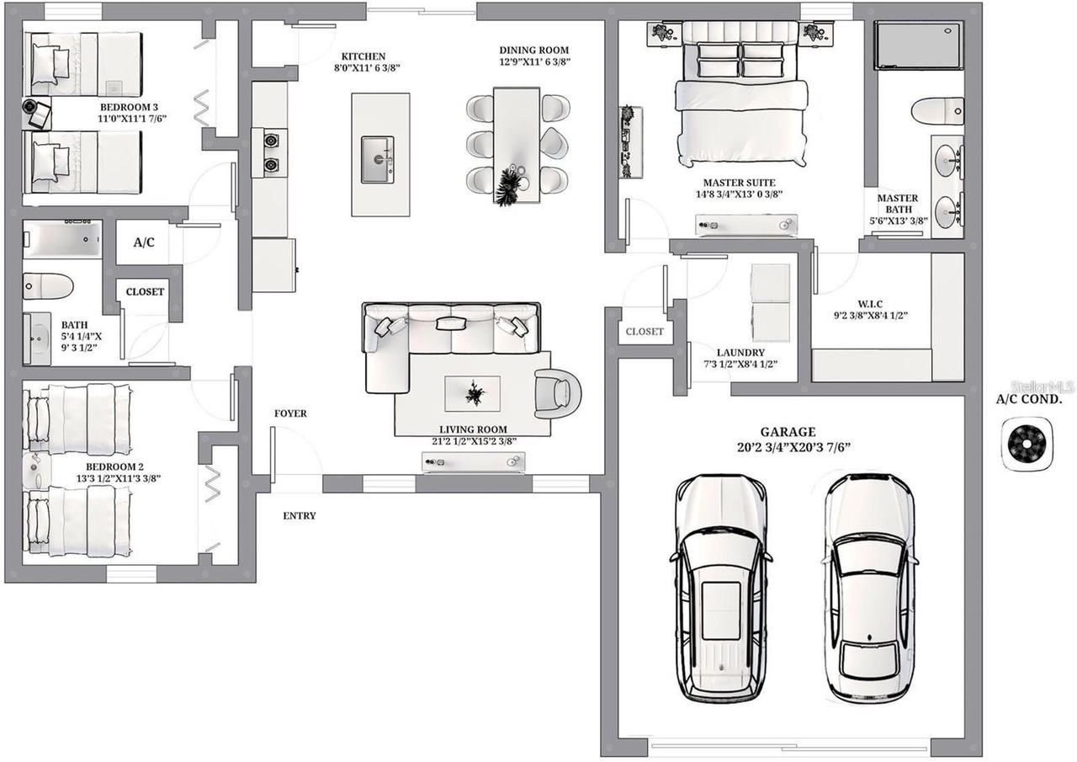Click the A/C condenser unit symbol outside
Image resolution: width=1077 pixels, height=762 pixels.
[1027, 443]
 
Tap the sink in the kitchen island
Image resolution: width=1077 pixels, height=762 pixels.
[378, 160]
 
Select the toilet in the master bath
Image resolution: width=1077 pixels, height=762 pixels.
[937, 111]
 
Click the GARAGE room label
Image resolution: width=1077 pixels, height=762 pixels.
[788, 431]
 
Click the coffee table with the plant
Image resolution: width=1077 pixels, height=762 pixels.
[472, 393]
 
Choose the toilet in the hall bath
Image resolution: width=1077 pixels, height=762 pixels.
[48, 286]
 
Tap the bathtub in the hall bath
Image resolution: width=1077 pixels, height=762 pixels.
[62, 239]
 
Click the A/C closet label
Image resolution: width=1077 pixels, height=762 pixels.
[144, 242]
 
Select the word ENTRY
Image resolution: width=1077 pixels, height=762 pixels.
[299, 515]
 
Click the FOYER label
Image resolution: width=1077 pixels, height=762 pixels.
[290, 413]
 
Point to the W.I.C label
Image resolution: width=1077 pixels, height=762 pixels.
[870, 304]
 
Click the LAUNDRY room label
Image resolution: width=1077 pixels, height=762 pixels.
[740, 353]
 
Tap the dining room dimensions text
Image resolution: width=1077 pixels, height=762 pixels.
[534, 61]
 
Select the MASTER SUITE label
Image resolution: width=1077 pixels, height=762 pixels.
[740, 183]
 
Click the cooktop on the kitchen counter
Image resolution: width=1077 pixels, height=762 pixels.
[270, 152]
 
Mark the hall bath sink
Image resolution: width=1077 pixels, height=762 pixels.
[37, 338]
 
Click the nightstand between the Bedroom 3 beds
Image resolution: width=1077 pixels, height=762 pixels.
[38, 114]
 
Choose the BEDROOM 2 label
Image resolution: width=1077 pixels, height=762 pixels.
[114, 466]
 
